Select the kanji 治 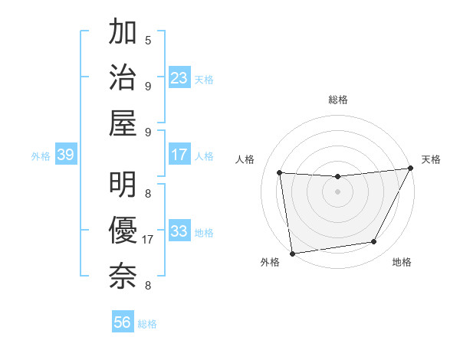coord(123,77)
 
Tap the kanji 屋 coord(123,123)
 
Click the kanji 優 coord(123,231)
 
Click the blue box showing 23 coord(179,78)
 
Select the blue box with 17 coord(179,155)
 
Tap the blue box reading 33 coord(179,231)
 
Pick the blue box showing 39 coord(65,155)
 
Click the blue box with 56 coord(123,322)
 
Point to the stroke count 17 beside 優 coord(148,240)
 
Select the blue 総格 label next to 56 coord(147,324)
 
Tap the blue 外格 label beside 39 coord(41,156)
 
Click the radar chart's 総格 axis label coord(338,100)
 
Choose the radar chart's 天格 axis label coord(431,159)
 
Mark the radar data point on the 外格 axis coord(292,253)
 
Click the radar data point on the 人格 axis coord(280,172)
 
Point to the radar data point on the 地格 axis coord(374,242)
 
